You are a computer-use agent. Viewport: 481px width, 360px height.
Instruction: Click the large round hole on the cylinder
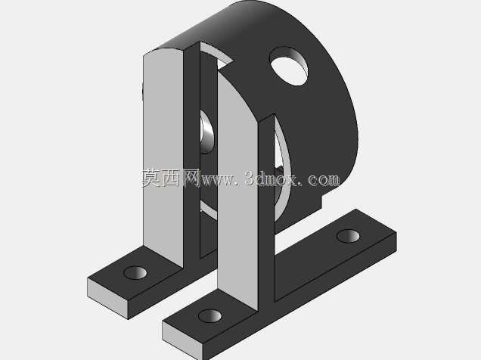[289, 66]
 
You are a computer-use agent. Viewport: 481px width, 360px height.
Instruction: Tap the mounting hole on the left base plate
[135, 272]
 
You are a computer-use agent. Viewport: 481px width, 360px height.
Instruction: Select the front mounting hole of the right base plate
[209, 316]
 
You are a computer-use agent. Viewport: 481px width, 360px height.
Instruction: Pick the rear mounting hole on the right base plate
[348, 236]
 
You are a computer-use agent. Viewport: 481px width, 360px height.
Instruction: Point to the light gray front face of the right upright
[237, 190]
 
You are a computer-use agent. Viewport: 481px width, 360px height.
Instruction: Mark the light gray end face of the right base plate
[182, 340]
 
